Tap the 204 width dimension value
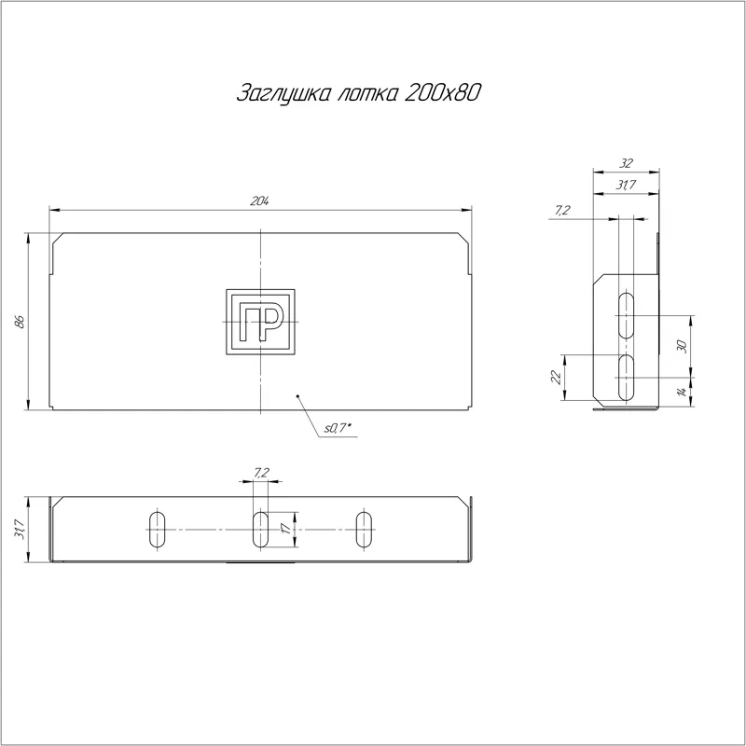point(260,201)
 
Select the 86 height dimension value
point(19,322)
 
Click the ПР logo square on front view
point(260,322)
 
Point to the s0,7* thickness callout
point(338,428)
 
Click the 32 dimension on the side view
point(626,163)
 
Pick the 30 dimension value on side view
point(682,346)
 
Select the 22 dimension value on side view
point(556,378)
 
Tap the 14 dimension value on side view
point(683,392)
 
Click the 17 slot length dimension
point(285,529)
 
